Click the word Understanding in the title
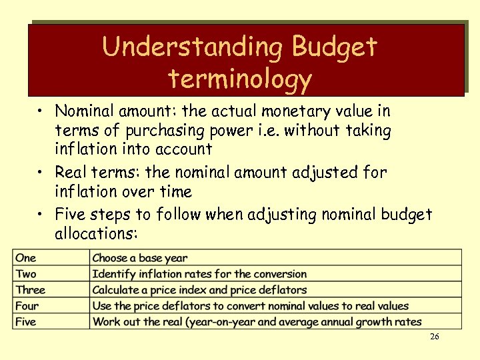point(193,47)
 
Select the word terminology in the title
point(240,79)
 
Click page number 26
point(434,337)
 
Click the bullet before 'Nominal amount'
point(41,111)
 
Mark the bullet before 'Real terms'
point(41,173)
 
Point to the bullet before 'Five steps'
point(41,215)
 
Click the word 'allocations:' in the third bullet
point(97,235)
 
